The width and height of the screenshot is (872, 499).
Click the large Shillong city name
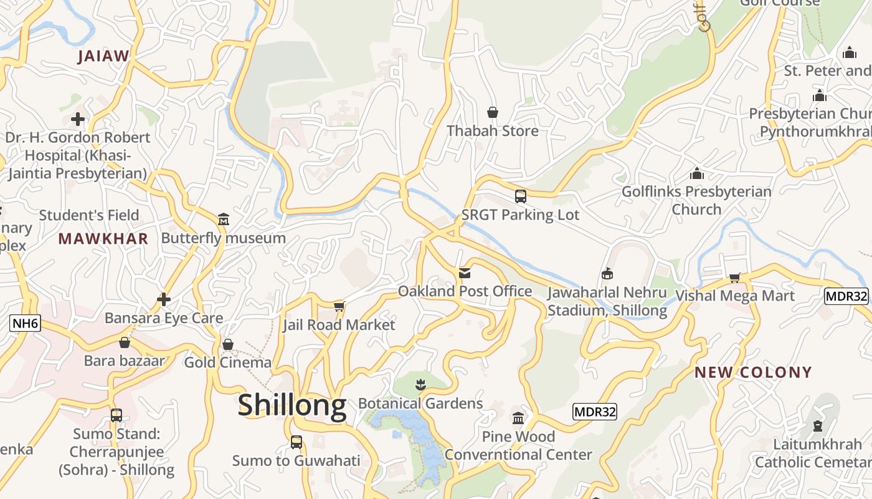[x=292, y=405]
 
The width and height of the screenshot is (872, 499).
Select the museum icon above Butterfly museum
[x=224, y=220]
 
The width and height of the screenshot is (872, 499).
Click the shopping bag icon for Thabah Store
[x=493, y=112]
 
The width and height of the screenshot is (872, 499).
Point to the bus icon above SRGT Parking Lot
[x=521, y=196]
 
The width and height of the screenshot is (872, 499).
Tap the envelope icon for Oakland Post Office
[x=465, y=273]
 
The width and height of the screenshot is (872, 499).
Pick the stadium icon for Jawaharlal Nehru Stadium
[x=607, y=273]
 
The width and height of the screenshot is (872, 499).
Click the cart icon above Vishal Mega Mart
[x=735, y=278]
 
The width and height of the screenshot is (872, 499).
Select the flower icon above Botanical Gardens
[x=420, y=384]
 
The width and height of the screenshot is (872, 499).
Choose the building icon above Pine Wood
[x=518, y=418]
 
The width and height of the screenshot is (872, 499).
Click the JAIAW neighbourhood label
[x=103, y=56]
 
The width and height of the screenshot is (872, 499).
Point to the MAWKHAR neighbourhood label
[x=103, y=238]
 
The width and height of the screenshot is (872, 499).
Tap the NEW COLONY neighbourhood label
[x=753, y=372]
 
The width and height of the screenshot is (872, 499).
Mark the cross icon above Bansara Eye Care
[x=164, y=300]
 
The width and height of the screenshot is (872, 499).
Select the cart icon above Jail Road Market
[x=339, y=306]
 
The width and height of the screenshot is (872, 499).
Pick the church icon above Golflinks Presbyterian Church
[x=696, y=173]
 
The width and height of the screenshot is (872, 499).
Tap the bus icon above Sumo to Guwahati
[x=296, y=442]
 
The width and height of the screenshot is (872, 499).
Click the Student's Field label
[x=89, y=215]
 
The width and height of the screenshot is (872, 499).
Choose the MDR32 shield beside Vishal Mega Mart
[x=846, y=296]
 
